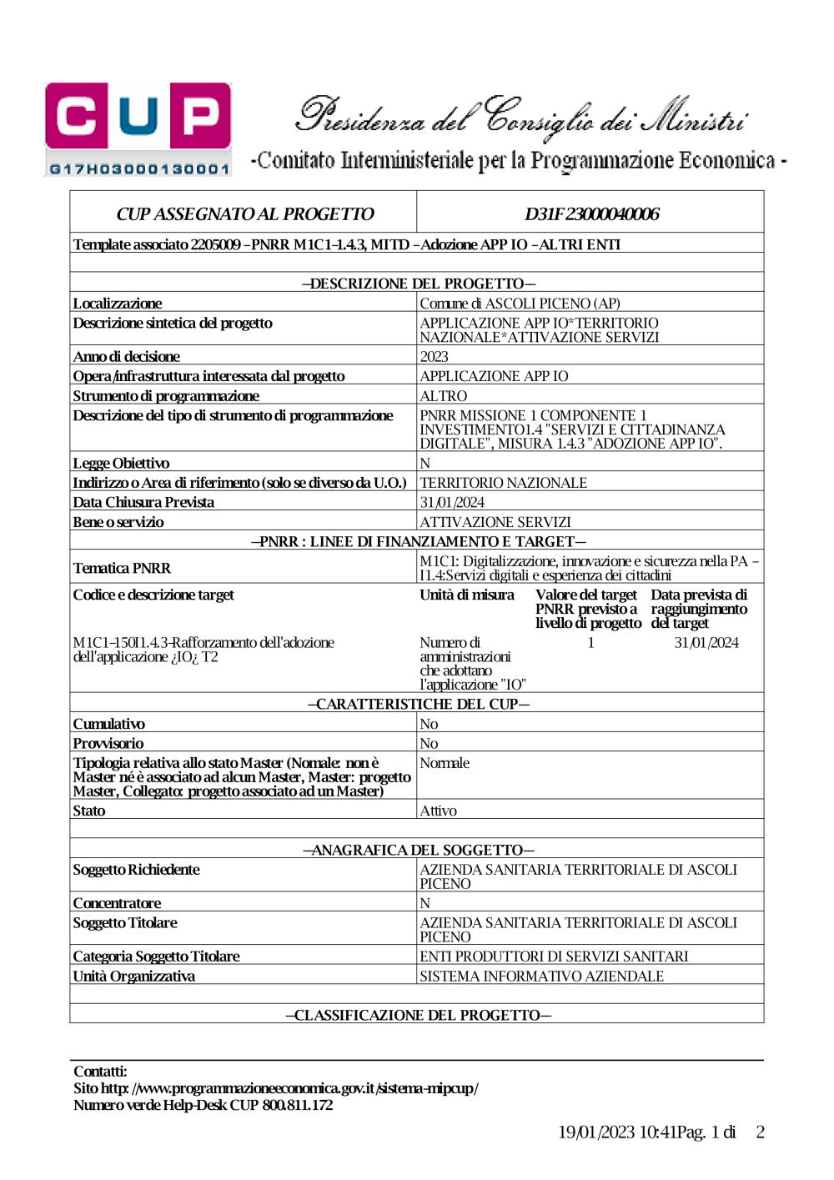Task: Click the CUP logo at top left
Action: [138, 128]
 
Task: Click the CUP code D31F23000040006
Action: [591, 214]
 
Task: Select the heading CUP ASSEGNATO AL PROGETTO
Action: [244, 214]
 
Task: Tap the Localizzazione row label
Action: [118, 304]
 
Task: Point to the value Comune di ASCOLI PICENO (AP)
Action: [520, 304]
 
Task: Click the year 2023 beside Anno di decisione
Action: [434, 356]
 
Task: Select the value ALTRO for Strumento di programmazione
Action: [443, 396]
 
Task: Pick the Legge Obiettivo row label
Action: [121, 463]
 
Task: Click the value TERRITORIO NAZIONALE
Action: [503, 483]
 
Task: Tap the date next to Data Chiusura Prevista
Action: [452, 502]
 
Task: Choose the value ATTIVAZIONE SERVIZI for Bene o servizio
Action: [495, 522]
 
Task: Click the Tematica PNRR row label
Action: [122, 568]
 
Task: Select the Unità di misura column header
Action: [467, 595]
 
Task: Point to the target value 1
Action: [590, 642]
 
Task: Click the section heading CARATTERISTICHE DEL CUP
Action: [418, 704]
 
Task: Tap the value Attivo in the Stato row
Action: [438, 811]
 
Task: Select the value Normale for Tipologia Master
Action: [445, 763]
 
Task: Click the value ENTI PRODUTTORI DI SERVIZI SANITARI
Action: [554, 957]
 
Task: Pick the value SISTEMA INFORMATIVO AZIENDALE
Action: [541, 977]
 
